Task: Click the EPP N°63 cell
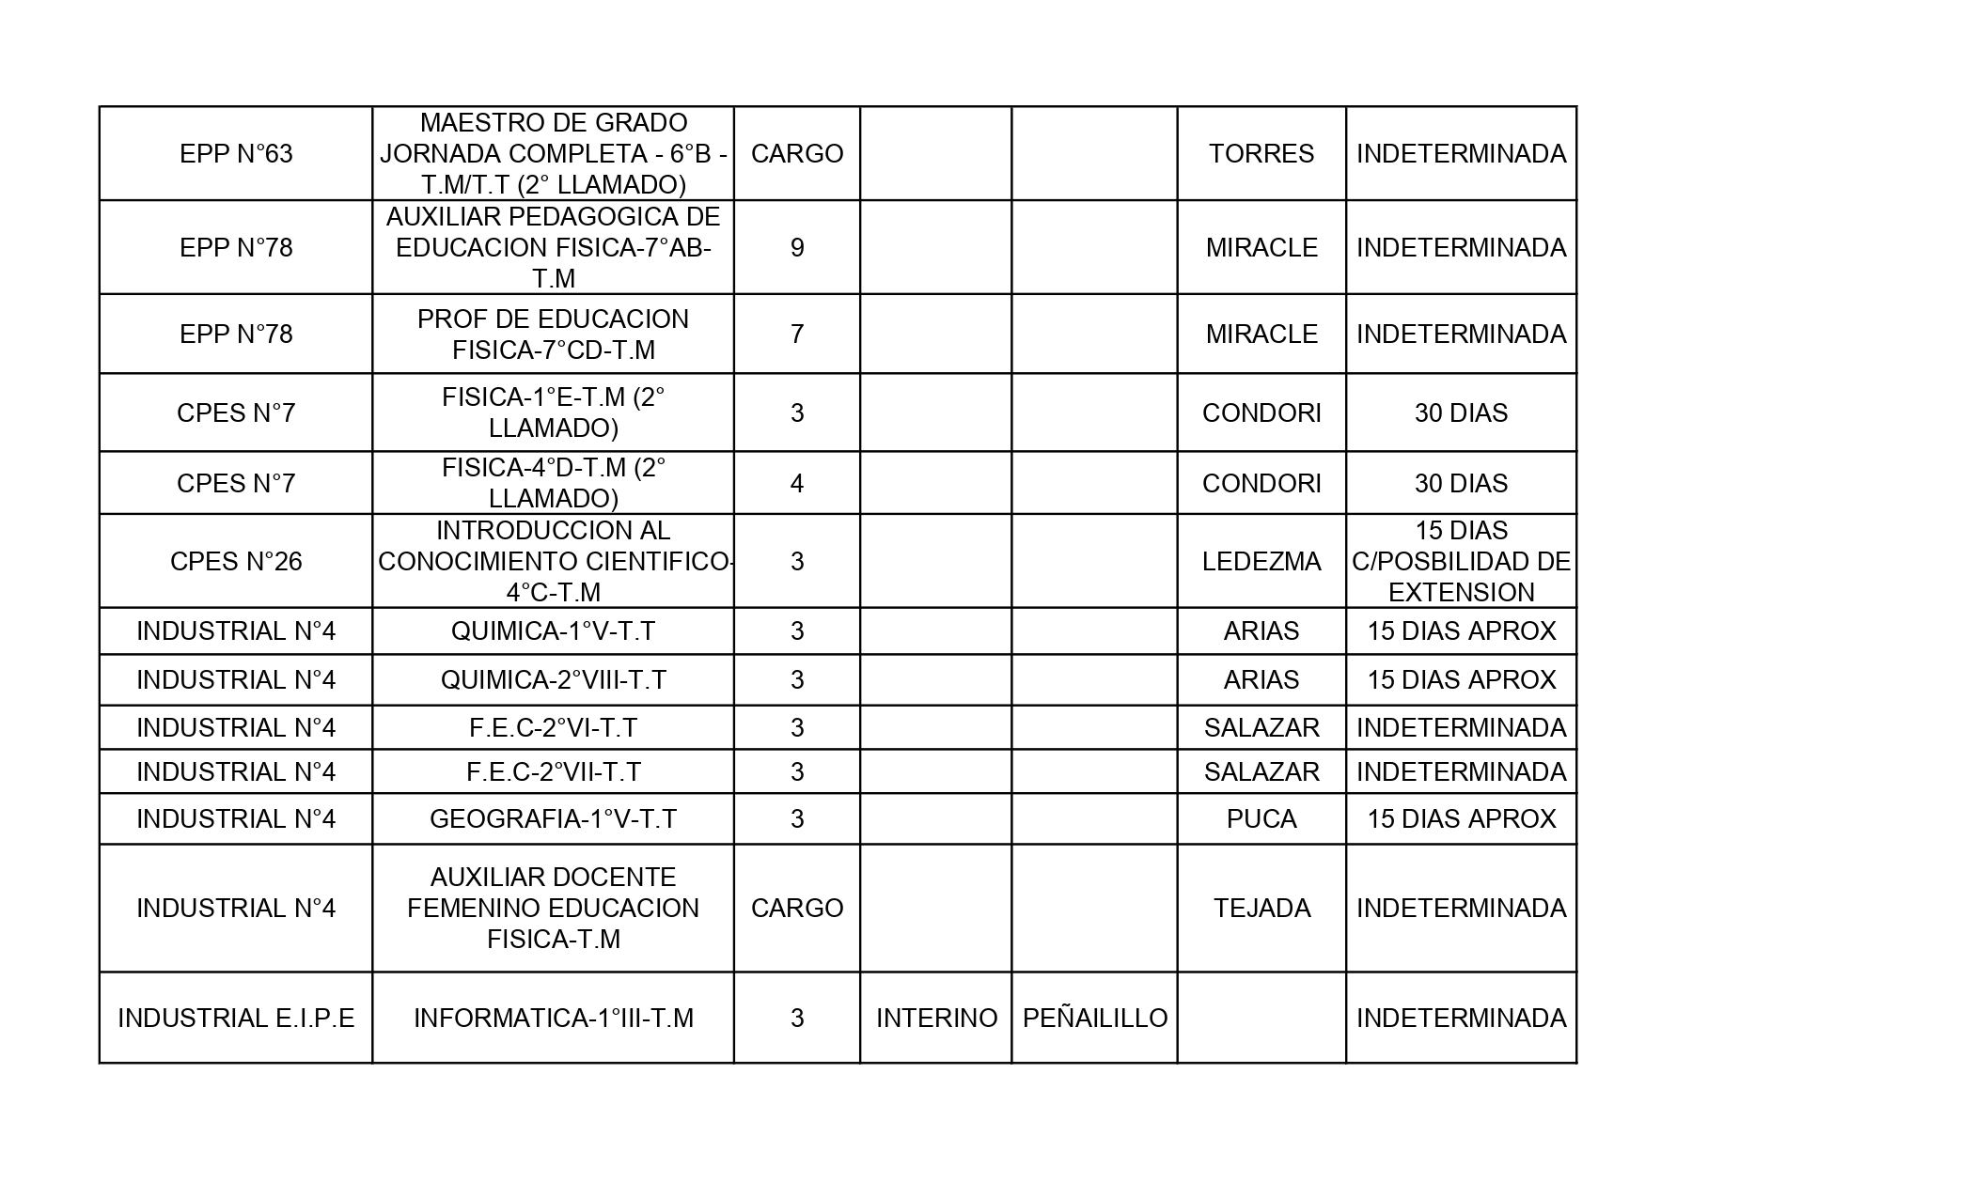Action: (236, 153)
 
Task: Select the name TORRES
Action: (1261, 153)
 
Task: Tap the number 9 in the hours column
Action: (796, 247)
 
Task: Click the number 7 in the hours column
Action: (796, 334)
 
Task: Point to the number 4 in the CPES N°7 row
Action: (796, 483)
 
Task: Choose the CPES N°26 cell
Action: (236, 561)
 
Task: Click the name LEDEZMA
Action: (1261, 561)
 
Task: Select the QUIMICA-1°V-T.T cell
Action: (553, 630)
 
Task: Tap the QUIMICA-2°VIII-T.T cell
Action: (553, 679)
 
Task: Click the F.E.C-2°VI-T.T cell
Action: (553, 727)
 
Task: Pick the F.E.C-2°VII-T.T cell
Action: (553, 771)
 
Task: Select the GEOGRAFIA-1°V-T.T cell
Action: (553, 818)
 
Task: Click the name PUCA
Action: (1261, 818)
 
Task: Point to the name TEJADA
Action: (1261, 908)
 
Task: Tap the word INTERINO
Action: (936, 1018)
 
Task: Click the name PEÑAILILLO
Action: (1094, 1018)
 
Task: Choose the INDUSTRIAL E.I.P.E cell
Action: (236, 1018)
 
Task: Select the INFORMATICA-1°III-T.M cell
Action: (553, 1018)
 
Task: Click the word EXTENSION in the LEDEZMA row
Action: (1461, 592)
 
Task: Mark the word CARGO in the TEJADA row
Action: (796, 908)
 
